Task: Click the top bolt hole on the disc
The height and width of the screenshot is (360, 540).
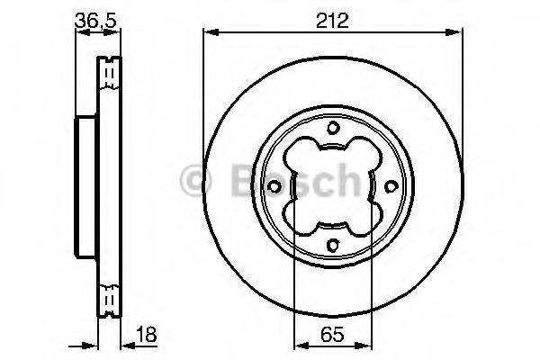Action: pyautogui.click(x=331, y=127)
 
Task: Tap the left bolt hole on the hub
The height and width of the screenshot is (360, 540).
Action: pyautogui.click(x=273, y=186)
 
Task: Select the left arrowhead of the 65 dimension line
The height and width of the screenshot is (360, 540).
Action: pyautogui.click(x=300, y=346)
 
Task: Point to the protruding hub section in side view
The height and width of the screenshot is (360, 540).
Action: pyautogui.click(x=85, y=185)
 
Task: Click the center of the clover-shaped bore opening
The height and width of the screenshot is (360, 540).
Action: pyautogui.click(x=331, y=186)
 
